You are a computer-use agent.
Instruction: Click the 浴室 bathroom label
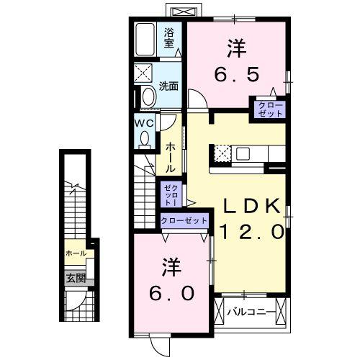pyautogui.click(x=169, y=37)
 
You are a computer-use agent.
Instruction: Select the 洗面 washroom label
pyautogui.click(x=168, y=85)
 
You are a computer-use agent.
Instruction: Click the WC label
pyautogui.click(x=143, y=122)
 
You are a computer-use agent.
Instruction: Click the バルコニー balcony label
pyautogui.click(x=248, y=312)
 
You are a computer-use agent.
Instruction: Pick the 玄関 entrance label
pyautogui.click(x=76, y=278)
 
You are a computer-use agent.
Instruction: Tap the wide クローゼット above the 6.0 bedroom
pyautogui.click(x=184, y=221)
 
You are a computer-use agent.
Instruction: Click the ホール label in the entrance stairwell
pyautogui.click(x=76, y=253)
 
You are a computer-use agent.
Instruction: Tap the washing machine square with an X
pyautogui.click(x=143, y=74)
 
